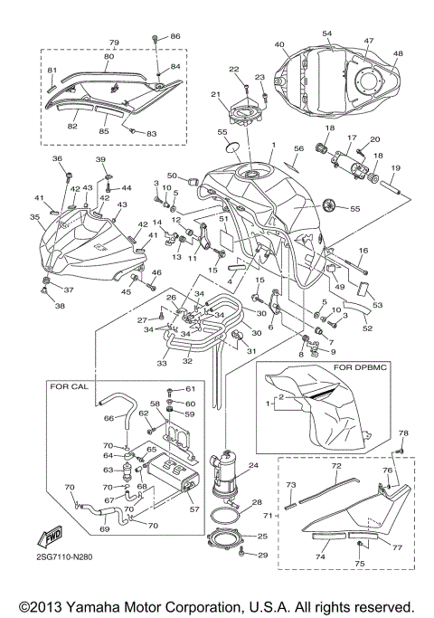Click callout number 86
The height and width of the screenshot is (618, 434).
pos(175,36)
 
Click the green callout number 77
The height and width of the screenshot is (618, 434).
pos(396,547)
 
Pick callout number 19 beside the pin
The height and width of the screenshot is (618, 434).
pos(395,168)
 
